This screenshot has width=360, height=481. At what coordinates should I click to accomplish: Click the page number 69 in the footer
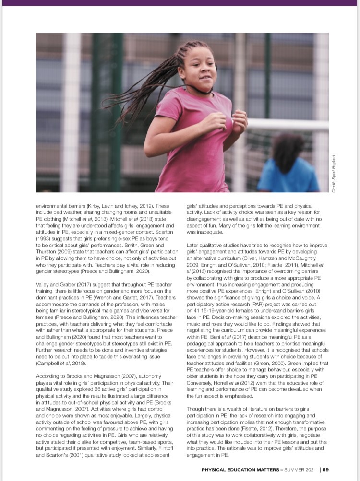325,469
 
